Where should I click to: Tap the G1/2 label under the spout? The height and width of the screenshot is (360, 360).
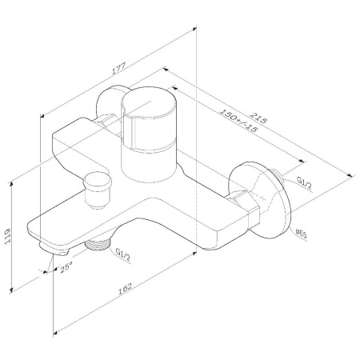tap(122, 255)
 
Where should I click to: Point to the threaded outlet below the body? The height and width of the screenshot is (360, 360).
tap(97, 244)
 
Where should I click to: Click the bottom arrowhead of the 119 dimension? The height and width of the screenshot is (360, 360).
tap(14, 291)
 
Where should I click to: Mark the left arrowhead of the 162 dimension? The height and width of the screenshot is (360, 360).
tap(56, 330)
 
